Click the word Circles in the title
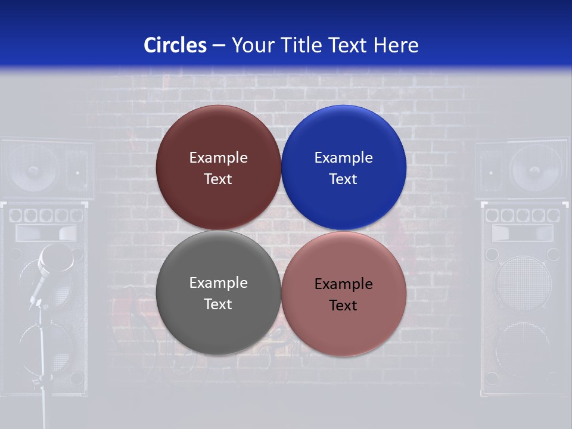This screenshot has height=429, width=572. click(x=175, y=45)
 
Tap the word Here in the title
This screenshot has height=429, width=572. click(x=396, y=45)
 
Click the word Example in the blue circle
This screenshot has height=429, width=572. click(x=343, y=158)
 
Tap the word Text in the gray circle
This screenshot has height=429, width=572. click(x=218, y=304)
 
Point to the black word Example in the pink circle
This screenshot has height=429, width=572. click(x=343, y=284)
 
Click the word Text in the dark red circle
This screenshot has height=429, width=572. click(x=218, y=179)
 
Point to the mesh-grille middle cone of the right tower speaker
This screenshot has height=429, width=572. click(x=523, y=283)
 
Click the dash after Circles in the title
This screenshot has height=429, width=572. click(x=219, y=46)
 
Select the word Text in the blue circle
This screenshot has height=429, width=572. click(x=343, y=179)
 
